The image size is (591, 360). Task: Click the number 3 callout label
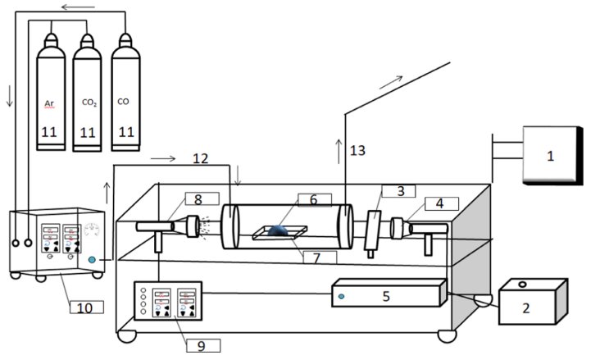pos(400,192)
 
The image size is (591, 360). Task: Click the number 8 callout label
pos(198,198)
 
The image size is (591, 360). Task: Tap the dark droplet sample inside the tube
pos(279,230)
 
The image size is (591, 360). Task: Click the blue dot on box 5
pos(341,296)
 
